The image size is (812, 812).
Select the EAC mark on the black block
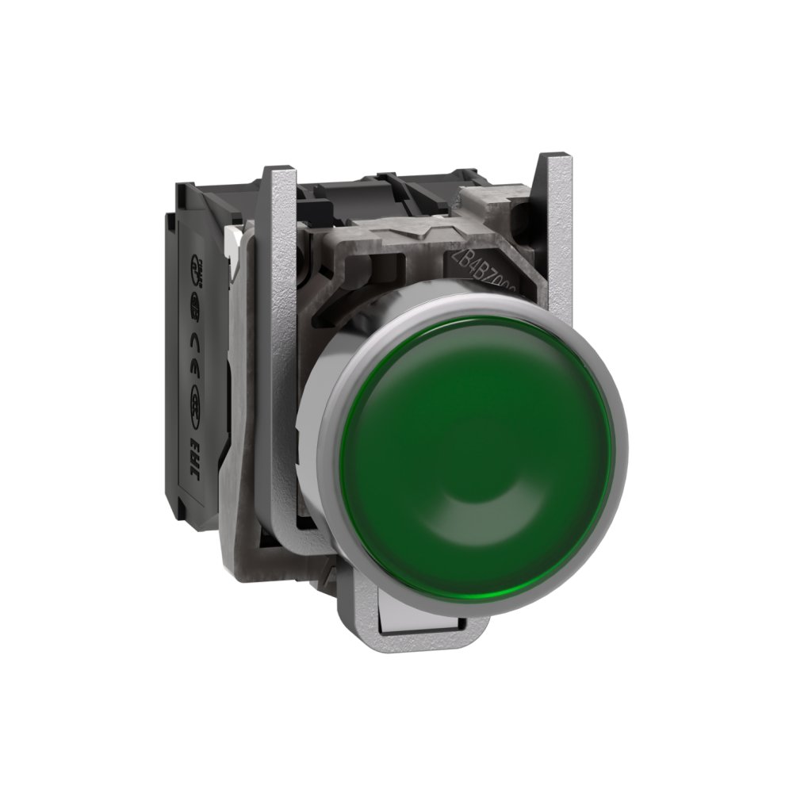coord(193,468)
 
